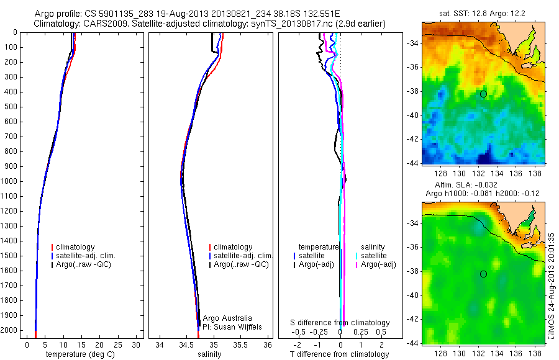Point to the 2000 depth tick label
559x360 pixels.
coord(11,330)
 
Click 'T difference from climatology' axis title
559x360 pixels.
coord(340,354)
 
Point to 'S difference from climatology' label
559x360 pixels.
coord(340,323)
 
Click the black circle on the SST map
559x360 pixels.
coord(483,94)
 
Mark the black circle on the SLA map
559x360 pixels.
coord(483,274)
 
